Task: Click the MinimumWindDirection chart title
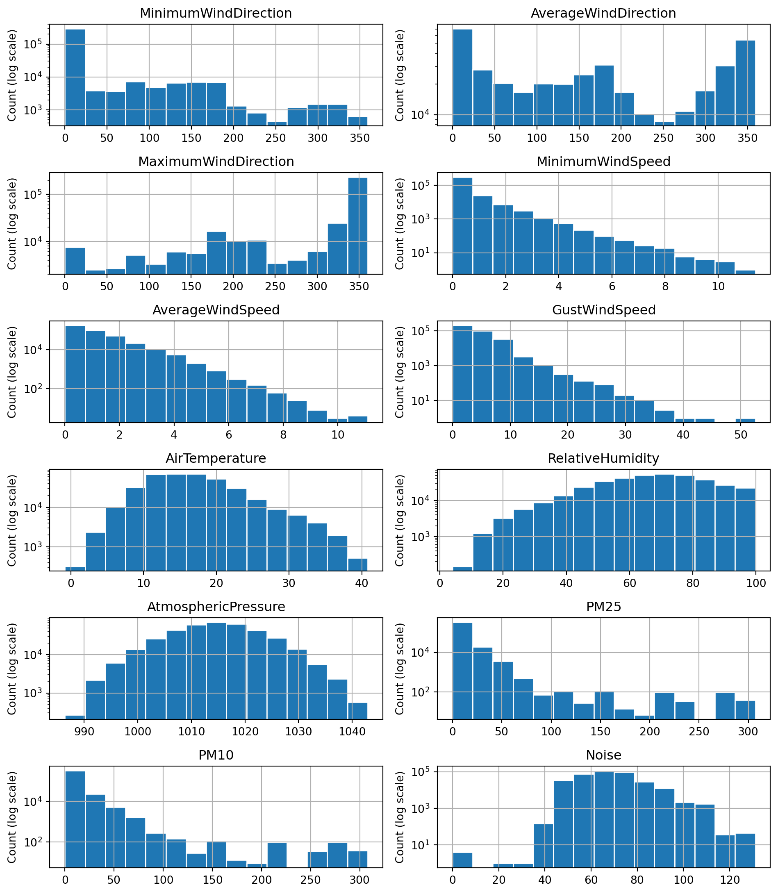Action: click(x=216, y=14)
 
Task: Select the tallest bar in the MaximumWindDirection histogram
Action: click(x=357, y=226)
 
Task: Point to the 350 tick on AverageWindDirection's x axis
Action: click(x=747, y=138)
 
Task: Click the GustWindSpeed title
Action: click(x=603, y=310)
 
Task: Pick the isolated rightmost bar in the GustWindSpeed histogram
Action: click(x=745, y=420)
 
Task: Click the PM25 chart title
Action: click(x=603, y=607)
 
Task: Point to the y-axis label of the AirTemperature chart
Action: click(x=12, y=520)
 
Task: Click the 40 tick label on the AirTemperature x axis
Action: click(x=362, y=584)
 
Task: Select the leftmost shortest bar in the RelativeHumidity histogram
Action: click(x=462, y=569)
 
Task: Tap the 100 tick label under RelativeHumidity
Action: click(x=756, y=584)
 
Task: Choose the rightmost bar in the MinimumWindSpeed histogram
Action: click(x=745, y=272)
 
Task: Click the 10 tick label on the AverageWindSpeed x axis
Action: click(x=338, y=435)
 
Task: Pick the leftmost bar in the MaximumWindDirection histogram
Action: click(x=75, y=261)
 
